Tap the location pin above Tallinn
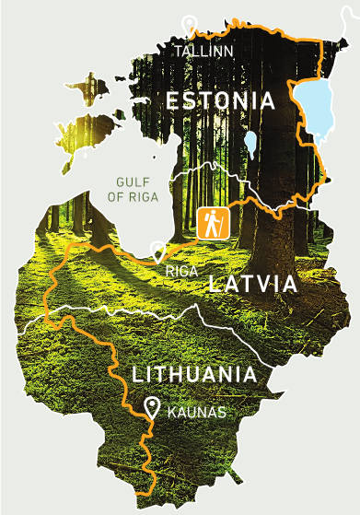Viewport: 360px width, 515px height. (190, 26)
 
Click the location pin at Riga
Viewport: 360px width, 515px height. (158, 251)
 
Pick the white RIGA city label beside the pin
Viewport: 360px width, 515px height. (182, 272)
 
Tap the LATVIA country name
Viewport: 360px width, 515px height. (253, 284)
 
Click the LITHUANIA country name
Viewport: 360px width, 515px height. (193, 375)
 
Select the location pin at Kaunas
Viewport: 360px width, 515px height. (152, 406)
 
